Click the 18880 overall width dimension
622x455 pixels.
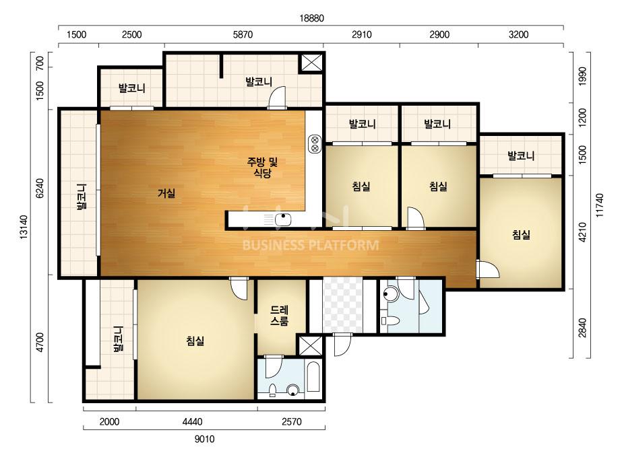click(311, 18)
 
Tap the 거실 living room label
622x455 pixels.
click(166, 193)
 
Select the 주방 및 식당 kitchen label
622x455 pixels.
click(262, 167)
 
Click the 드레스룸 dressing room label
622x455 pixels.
click(279, 316)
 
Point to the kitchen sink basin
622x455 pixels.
click(283, 219)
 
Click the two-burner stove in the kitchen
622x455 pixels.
click(315, 144)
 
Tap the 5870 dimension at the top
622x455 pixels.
click(243, 34)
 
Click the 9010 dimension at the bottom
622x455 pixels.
click(204, 439)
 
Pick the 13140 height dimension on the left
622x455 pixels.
click(24, 227)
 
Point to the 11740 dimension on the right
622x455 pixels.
click(599, 205)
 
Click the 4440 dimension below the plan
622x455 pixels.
click(192, 422)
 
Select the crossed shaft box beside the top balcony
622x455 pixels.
click(311, 63)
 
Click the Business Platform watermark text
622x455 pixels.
click(311, 245)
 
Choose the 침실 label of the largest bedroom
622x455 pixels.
click(195, 341)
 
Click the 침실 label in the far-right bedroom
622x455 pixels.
click(521, 235)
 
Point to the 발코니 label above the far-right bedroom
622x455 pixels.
click(521, 155)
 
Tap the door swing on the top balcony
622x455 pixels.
click(277, 97)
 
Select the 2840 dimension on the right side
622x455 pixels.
click(582, 328)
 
